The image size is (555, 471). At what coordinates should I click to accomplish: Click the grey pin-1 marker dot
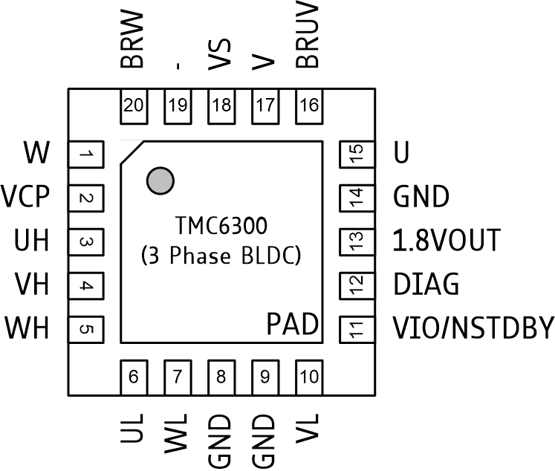click(x=160, y=180)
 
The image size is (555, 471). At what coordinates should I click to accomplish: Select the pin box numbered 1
click(x=85, y=155)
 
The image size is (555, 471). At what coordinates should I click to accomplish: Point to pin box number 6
click(x=134, y=377)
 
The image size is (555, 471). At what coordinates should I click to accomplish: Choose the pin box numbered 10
click(x=309, y=377)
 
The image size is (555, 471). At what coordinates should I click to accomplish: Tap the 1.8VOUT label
click(x=446, y=241)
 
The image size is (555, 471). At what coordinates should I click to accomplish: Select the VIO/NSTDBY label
click(x=473, y=327)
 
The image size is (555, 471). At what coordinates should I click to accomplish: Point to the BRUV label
click(x=308, y=37)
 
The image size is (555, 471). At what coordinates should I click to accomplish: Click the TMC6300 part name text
click(x=221, y=223)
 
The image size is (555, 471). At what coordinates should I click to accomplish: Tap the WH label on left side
click(x=27, y=327)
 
